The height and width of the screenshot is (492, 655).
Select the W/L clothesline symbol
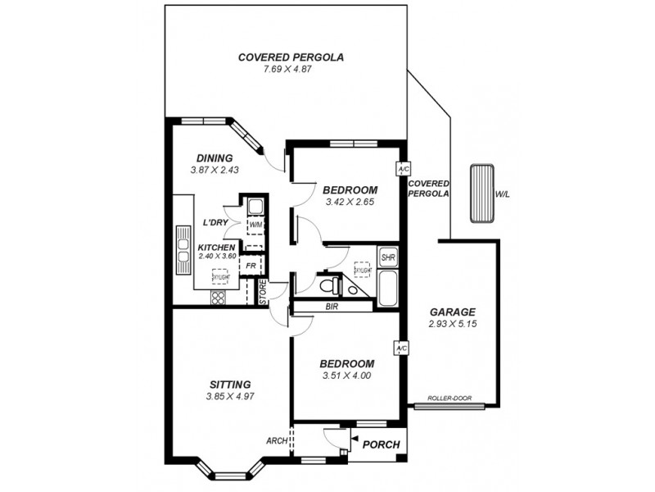point(482,194)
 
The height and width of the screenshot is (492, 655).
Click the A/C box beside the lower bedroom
point(401,348)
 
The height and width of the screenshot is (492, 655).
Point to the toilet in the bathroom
point(331,285)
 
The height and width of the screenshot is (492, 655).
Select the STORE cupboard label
point(263,293)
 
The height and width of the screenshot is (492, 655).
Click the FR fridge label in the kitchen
point(251,266)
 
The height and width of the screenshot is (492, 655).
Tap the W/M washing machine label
point(255,225)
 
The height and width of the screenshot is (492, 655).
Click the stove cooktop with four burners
point(219,298)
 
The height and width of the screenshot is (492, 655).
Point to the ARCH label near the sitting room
point(277,440)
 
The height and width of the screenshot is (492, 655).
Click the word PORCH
point(382,445)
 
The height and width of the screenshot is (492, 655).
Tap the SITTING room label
point(229,384)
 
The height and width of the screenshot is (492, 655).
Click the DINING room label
point(215,158)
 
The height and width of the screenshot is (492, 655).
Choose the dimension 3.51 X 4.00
point(346,376)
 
